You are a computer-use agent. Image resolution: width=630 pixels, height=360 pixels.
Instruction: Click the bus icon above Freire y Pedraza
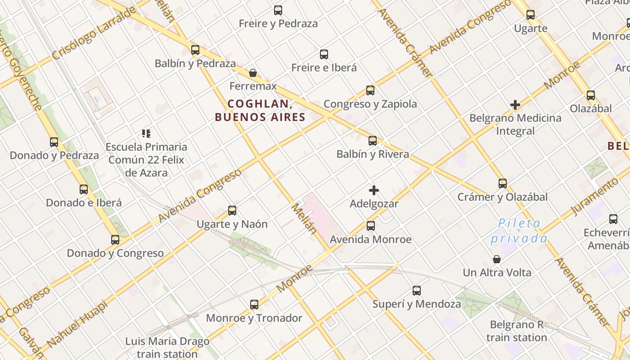(x=278, y=10)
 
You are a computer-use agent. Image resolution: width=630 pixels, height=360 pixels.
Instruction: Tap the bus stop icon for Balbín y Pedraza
(x=195, y=50)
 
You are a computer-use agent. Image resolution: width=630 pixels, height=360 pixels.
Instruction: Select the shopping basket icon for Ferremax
(x=253, y=73)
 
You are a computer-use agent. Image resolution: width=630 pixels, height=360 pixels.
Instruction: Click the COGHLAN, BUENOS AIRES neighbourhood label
(x=260, y=111)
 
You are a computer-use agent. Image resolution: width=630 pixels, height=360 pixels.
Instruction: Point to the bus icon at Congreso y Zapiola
(x=370, y=90)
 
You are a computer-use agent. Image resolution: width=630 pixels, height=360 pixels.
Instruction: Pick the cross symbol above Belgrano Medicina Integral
(x=515, y=105)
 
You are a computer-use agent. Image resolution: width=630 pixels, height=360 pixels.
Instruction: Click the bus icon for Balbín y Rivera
(x=373, y=141)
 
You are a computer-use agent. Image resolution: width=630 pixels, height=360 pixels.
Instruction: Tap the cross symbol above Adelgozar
(x=374, y=190)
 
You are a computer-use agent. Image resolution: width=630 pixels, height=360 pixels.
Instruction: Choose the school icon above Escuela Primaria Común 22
(x=146, y=133)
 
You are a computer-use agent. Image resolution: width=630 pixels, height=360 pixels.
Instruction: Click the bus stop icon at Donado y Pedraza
(x=54, y=142)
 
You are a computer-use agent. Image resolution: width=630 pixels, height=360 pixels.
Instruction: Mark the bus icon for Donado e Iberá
(x=84, y=189)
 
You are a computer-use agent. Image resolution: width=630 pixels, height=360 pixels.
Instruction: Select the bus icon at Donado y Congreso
(x=115, y=240)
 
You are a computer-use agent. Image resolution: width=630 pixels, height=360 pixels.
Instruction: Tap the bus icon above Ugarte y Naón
(x=232, y=211)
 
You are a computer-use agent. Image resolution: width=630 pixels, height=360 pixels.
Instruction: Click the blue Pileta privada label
(x=519, y=231)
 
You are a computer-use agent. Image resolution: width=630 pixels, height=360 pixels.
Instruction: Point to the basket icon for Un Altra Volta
(x=497, y=259)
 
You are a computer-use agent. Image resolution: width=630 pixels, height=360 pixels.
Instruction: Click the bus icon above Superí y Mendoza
(x=417, y=291)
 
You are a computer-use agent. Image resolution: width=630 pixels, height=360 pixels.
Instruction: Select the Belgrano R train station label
(x=517, y=331)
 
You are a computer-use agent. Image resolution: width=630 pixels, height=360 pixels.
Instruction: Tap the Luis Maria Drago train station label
(x=167, y=347)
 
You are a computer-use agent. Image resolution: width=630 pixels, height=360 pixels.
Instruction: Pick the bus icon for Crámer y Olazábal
(x=503, y=184)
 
